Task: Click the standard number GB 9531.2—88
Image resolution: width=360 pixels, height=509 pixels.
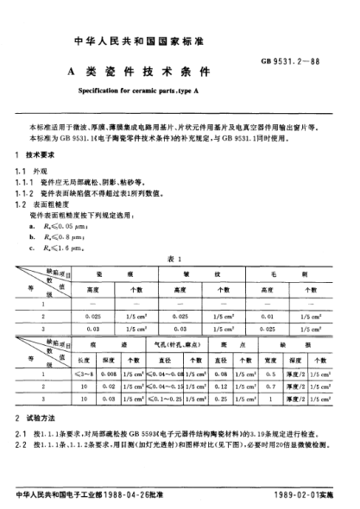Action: click(x=311, y=63)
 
